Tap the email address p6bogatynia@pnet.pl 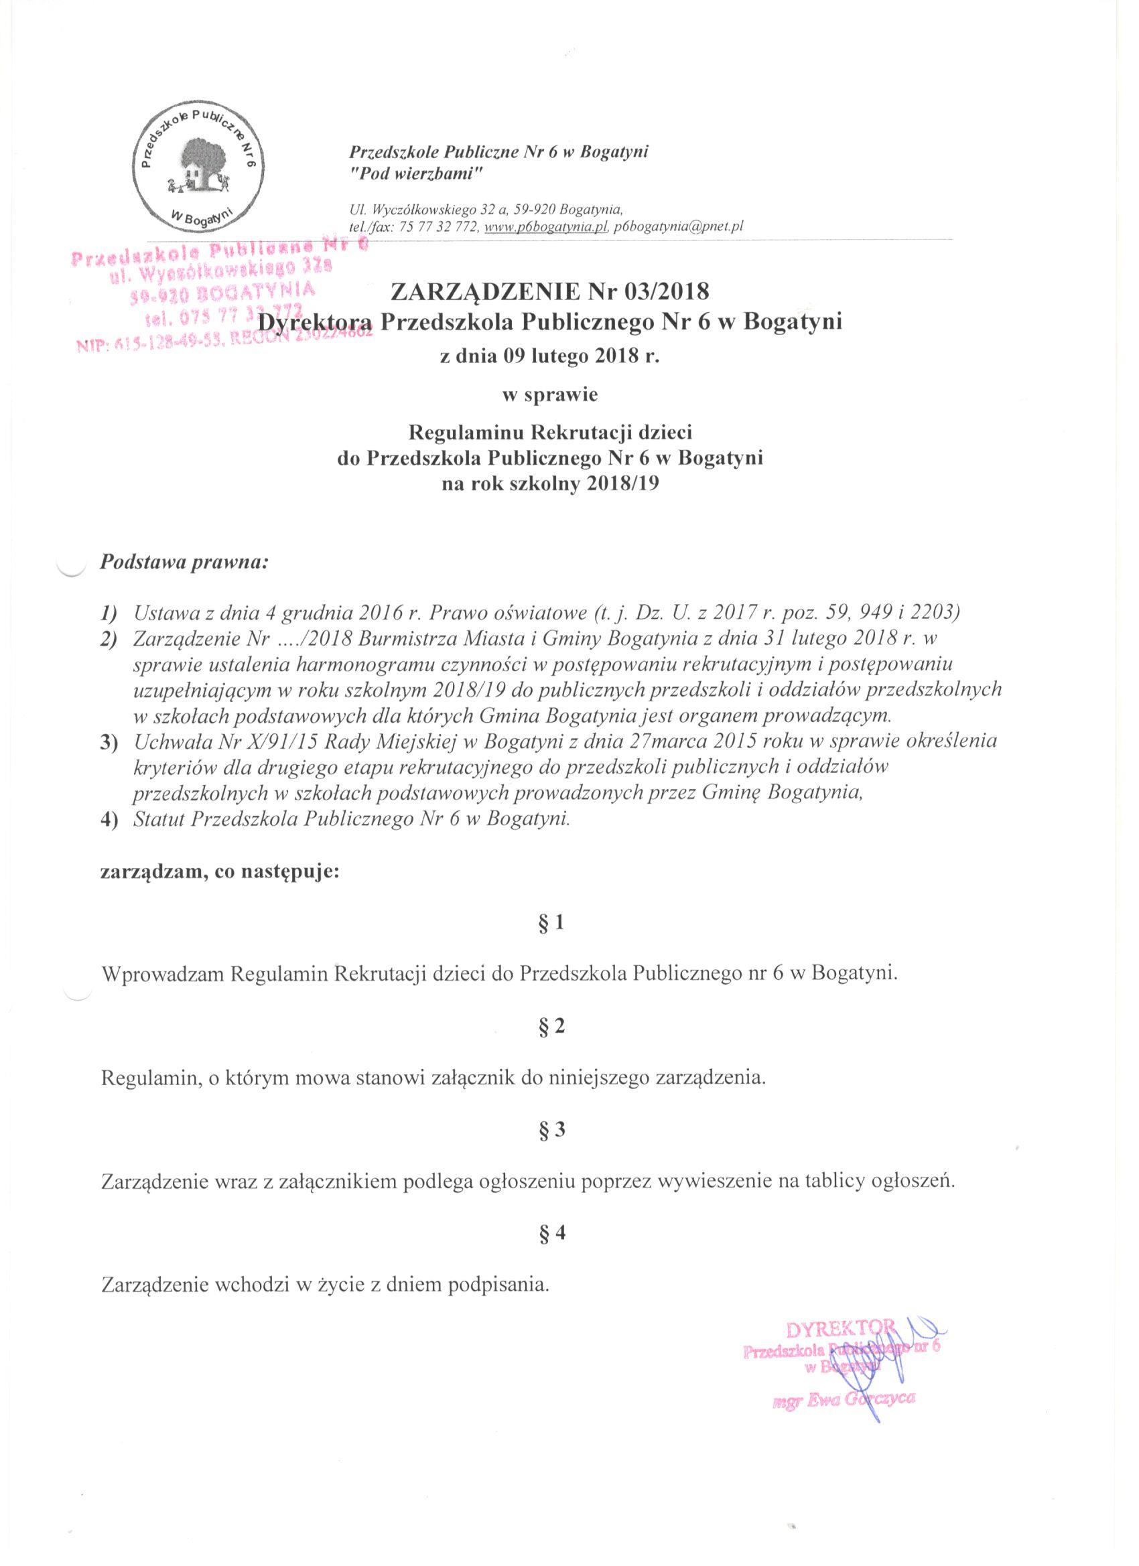pyautogui.click(x=677, y=227)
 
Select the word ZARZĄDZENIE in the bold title pyautogui.click(x=485, y=292)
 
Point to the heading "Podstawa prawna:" pyautogui.click(x=183, y=561)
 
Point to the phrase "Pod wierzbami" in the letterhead pyautogui.click(x=415, y=175)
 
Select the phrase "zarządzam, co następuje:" pyautogui.click(x=220, y=872)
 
